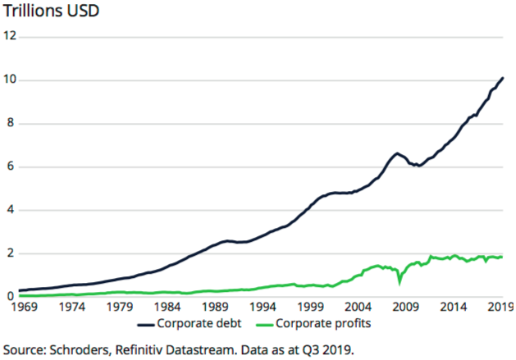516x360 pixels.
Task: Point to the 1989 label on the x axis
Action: click(217, 308)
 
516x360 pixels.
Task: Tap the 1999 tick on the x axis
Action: click(312, 308)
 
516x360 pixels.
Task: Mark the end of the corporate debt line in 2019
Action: click(502, 78)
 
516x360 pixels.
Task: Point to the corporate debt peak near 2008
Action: click(397, 153)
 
